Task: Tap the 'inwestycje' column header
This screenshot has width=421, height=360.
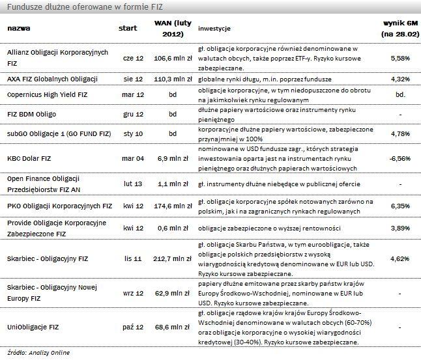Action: [x=214, y=29]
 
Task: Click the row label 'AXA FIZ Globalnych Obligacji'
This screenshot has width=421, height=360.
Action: [x=52, y=79]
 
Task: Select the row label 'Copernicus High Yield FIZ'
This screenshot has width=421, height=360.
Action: [x=47, y=95]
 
